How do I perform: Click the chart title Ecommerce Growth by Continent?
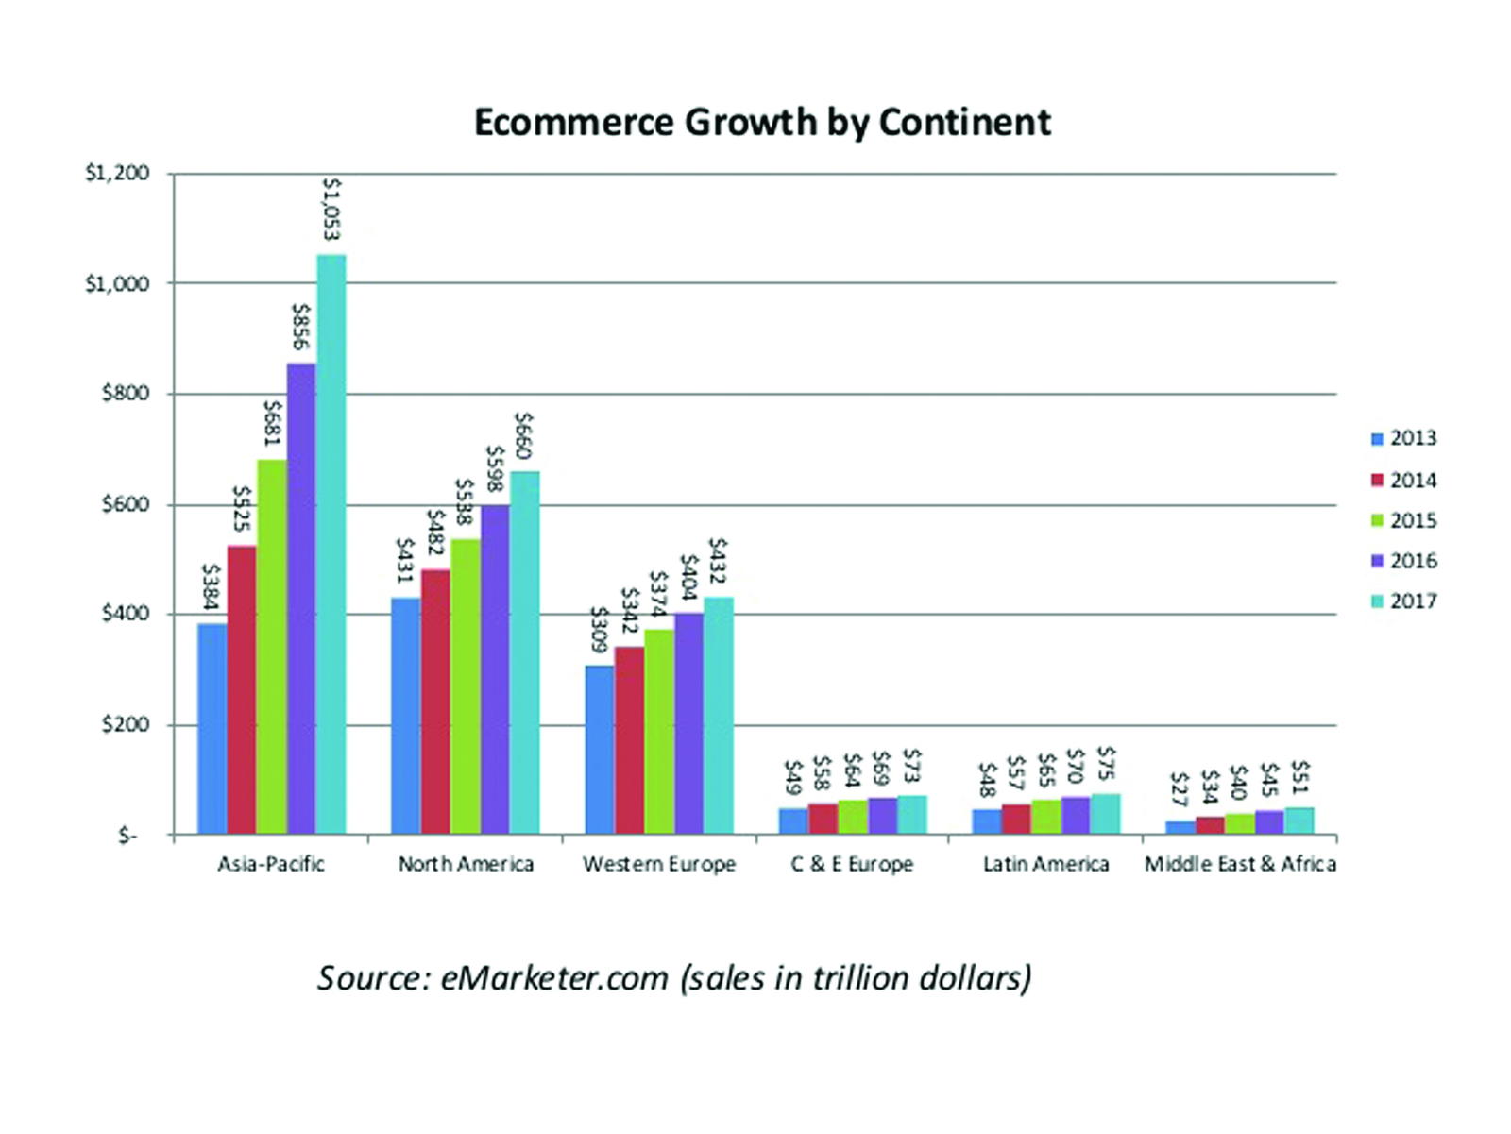[x=761, y=123]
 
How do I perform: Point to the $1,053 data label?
[x=331, y=210]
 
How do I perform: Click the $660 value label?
[x=524, y=435]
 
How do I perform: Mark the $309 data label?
[x=598, y=630]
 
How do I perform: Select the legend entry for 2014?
[x=1404, y=481]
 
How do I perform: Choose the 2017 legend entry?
[x=1404, y=601]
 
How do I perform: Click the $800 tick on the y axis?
[x=126, y=394]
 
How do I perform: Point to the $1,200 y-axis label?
[x=117, y=174]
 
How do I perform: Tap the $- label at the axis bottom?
[x=127, y=837]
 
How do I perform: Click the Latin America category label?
[x=1045, y=864]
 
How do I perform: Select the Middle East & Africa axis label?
[x=1240, y=864]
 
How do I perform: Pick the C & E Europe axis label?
[x=852, y=864]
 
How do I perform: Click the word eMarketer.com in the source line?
[x=554, y=978]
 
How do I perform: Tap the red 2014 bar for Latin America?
[x=1016, y=820]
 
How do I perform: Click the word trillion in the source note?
[x=859, y=978]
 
